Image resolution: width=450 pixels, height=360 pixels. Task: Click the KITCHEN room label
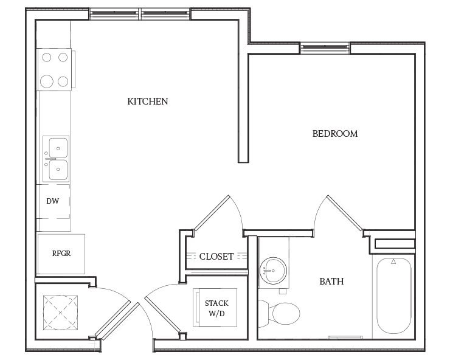point(147,101)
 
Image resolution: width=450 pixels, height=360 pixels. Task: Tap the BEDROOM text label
point(334,134)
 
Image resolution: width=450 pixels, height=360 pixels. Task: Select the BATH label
point(331,282)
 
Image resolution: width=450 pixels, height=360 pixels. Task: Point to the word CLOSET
point(216,257)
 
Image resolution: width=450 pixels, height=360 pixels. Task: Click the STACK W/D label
point(216,308)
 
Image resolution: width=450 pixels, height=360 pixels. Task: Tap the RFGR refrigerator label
point(60,252)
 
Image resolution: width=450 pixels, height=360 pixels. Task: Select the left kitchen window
point(115,13)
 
